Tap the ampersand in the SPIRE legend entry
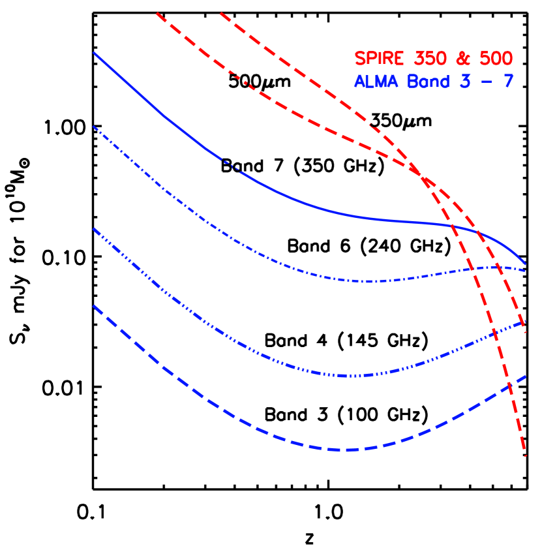pyautogui.click(x=463, y=59)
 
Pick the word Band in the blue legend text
pyautogui.click(x=427, y=82)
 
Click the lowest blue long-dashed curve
pyautogui.click(x=261, y=433)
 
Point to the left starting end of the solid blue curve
pyautogui.click(x=95, y=53)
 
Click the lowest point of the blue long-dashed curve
pyautogui.click(x=344, y=450)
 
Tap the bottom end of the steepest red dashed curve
pyautogui.click(x=525, y=455)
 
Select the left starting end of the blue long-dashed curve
pyautogui.click(x=95, y=306)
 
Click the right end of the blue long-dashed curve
pyautogui.click(x=525, y=376)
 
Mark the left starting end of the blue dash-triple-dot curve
pyautogui.click(x=95, y=229)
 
